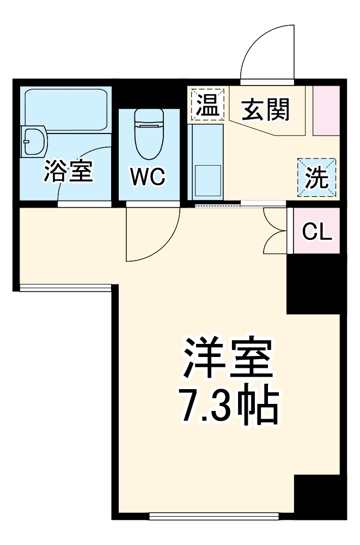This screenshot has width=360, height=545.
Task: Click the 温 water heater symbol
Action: pyautogui.click(x=206, y=105)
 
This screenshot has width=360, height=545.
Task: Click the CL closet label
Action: pyautogui.click(x=317, y=232)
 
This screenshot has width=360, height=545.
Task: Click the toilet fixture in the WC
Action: pyautogui.click(x=149, y=131)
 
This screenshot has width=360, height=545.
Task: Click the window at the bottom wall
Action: pyautogui.click(x=214, y=514)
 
